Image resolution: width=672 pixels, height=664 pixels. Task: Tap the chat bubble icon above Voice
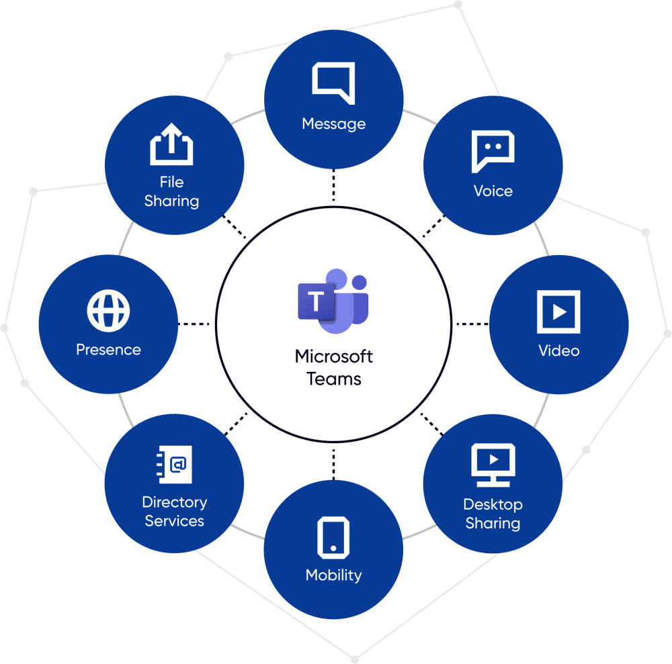point(493,151)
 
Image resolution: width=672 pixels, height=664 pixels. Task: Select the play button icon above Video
point(558,312)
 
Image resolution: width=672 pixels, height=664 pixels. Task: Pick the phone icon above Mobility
point(333,536)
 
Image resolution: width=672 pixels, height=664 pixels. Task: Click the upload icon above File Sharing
point(171,144)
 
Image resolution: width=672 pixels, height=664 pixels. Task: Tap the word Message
point(333,124)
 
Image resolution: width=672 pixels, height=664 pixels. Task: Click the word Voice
point(493,191)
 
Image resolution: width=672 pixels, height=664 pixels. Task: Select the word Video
point(558,350)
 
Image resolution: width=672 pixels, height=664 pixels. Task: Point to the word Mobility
point(333,575)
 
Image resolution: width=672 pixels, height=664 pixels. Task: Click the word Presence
point(108,350)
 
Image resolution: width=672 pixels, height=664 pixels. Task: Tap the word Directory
point(174,502)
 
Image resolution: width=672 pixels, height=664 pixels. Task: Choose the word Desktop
point(493,504)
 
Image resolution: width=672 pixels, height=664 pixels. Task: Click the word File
point(171,182)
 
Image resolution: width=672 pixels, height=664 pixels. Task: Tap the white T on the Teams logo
point(315,301)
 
